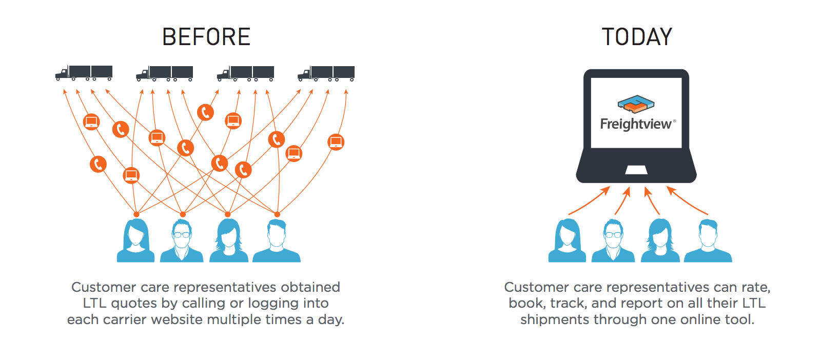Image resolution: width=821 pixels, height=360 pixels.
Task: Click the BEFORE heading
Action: click(x=206, y=37)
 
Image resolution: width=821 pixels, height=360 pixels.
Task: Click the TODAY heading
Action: click(x=637, y=37)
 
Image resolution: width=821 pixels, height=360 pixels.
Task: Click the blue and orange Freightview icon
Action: click(x=636, y=104)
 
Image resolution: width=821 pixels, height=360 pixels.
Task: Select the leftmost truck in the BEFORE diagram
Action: click(x=84, y=73)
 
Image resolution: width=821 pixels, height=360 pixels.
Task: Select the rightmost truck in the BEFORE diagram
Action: click(x=326, y=73)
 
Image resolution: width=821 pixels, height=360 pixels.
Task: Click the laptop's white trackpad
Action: click(x=636, y=170)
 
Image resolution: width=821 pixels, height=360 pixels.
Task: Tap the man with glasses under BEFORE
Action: click(x=182, y=241)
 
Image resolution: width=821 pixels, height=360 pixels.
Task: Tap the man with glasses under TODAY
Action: click(x=613, y=241)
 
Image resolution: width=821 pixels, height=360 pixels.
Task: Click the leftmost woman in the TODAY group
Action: click(x=567, y=241)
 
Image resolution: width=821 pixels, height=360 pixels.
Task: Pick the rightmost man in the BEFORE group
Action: click(x=277, y=241)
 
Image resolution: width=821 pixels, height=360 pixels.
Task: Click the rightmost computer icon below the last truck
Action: click(x=336, y=142)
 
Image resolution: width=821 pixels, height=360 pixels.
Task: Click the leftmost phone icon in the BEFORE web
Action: click(x=98, y=164)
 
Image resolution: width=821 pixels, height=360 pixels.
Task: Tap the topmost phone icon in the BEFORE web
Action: click(x=205, y=112)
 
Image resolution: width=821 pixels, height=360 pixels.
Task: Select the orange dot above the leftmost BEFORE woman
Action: click(x=136, y=214)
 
